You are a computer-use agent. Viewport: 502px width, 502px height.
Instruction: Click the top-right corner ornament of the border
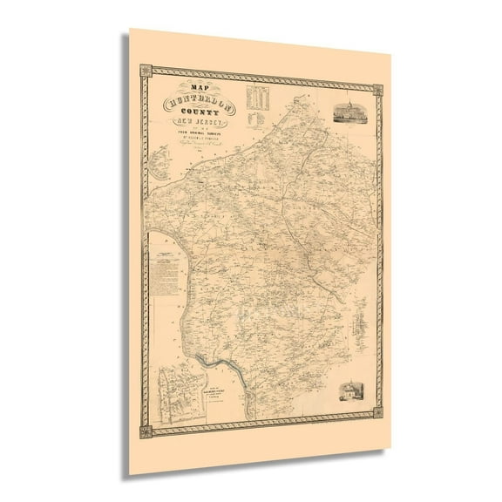pos(380,88)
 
